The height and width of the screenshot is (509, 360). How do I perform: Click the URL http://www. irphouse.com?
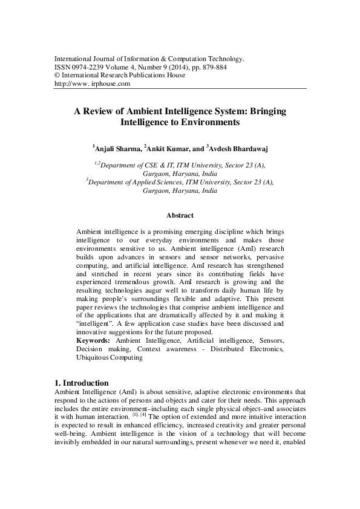pos(92,84)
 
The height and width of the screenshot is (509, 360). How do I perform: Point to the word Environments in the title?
pos(214,122)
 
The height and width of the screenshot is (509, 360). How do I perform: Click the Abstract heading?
pos(180,215)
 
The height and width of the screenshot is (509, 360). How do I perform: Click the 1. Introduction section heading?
pos(81,383)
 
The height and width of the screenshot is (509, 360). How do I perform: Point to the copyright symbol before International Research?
pos(57,76)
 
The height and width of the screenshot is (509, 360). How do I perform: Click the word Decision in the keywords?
pos(91,349)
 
